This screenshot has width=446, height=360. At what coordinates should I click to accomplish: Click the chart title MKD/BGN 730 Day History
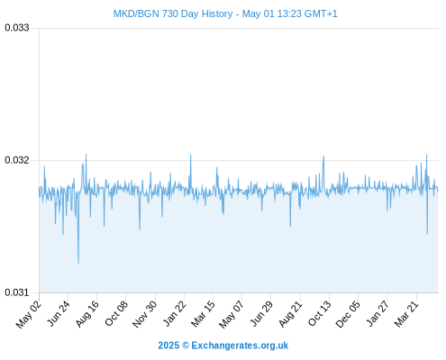[x=173, y=13]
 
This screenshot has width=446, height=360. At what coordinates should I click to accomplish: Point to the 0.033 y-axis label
[x=17, y=28]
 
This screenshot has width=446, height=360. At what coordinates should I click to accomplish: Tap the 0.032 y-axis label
[x=17, y=160]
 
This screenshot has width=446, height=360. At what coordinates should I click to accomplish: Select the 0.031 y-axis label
[x=17, y=292]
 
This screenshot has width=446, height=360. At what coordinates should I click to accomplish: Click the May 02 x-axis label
[x=29, y=314]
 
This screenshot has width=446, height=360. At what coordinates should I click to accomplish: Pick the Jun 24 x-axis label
[x=59, y=313]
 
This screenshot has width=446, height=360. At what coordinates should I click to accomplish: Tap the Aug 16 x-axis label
[x=87, y=313]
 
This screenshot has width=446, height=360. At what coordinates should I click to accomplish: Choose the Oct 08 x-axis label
[x=116, y=313]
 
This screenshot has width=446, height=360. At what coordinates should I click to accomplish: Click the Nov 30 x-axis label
[x=145, y=314]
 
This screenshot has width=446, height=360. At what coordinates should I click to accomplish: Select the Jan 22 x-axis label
[x=175, y=313]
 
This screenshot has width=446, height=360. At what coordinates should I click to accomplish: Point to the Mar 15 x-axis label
[x=204, y=313]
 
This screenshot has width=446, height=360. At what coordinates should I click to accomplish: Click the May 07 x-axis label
[x=232, y=314]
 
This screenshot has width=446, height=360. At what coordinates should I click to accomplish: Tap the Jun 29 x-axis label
[x=261, y=313]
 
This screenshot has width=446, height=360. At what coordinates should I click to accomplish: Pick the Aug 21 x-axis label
[x=291, y=313]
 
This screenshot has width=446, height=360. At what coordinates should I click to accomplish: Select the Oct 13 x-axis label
[x=320, y=313]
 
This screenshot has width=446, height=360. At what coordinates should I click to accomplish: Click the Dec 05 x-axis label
[x=348, y=314]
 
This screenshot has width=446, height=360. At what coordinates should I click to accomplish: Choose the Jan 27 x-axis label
[x=378, y=313]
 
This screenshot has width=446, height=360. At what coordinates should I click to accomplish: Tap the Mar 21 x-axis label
[x=406, y=313]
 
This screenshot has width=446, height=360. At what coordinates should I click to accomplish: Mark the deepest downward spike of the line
[x=78, y=263]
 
